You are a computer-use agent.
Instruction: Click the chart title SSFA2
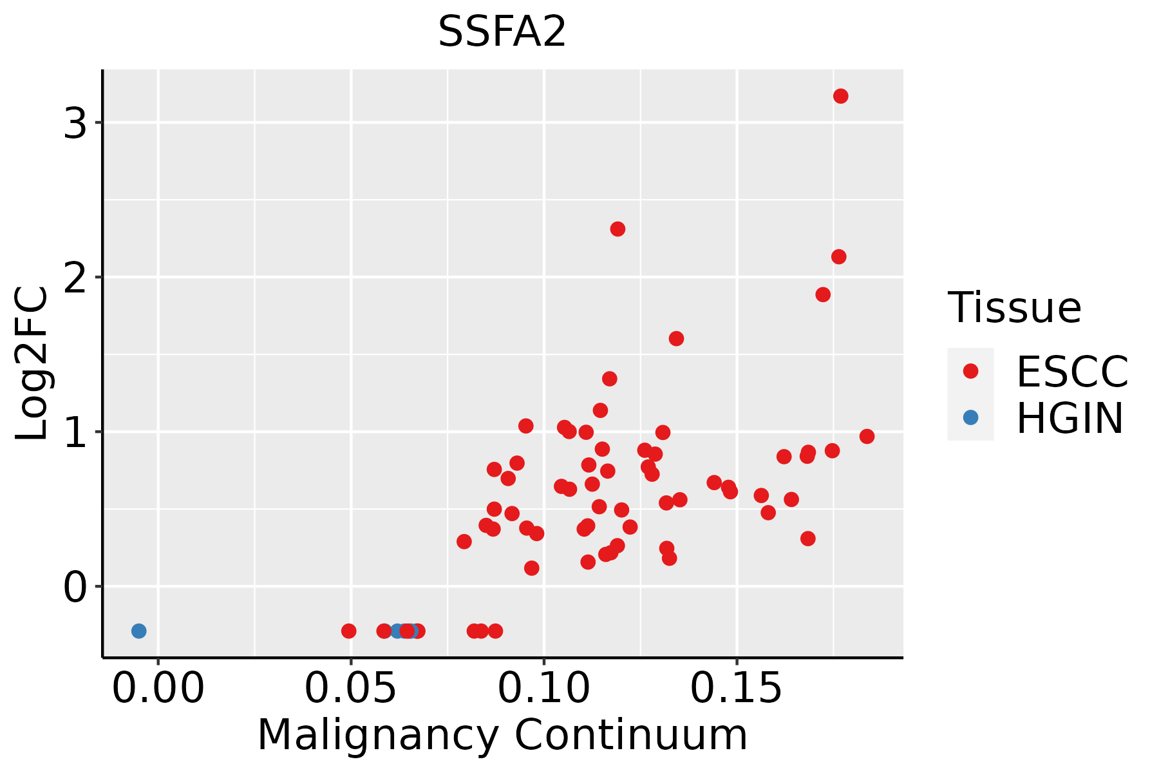coord(502,32)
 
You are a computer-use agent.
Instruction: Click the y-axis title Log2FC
coord(32,364)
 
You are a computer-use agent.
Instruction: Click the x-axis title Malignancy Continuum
coord(502,736)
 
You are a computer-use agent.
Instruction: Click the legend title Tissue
coord(1014,307)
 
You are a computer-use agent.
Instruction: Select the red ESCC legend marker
coord(970,371)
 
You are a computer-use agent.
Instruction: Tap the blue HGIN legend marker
coord(970,417)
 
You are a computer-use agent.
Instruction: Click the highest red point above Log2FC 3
coord(840,96)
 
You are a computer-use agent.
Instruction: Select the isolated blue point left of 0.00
coord(139,631)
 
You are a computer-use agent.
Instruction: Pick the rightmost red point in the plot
coord(867,436)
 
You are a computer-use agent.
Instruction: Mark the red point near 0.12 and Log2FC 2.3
coord(617,229)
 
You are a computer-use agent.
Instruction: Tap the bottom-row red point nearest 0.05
coord(348,631)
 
